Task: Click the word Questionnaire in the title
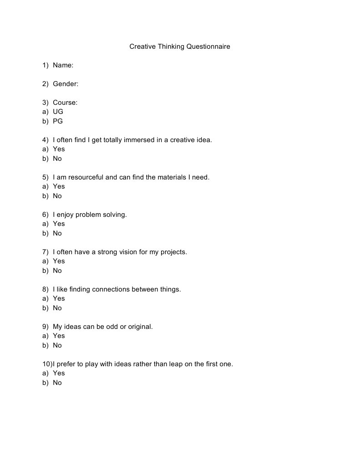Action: click(207, 46)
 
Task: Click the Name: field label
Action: click(63, 65)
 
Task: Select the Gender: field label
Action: click(66, 84)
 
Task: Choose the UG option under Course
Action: click(58, 112)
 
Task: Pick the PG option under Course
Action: click(58, 121)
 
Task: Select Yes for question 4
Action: click(59, 149)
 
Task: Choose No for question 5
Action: click(57, 196)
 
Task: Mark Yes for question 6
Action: click(59, 224)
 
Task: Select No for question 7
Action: click(57, 271)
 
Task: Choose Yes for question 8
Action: click(59, 298)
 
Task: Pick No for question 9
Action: click(57, 345)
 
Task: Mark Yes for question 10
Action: click(59, 373)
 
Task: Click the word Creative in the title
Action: click(142, 46)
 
